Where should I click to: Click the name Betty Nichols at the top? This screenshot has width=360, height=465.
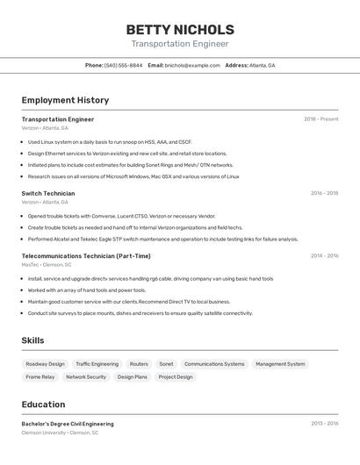180,29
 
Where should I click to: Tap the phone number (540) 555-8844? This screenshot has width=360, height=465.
124,65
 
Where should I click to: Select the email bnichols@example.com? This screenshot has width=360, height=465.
192,65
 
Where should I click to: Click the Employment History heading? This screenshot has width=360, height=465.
65,100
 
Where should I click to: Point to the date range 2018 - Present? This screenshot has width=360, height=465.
320,118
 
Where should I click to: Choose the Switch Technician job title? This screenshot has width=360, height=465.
48,193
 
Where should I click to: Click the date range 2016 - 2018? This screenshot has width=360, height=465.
324,193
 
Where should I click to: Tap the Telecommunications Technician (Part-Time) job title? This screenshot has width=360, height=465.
86,256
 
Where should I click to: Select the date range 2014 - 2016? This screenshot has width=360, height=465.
324,256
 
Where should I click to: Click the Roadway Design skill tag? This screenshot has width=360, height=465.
45,363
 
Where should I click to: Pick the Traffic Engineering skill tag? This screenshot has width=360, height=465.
97,363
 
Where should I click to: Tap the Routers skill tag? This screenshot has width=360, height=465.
139,363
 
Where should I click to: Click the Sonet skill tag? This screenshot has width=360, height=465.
166,363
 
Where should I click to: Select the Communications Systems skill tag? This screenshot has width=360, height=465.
214,363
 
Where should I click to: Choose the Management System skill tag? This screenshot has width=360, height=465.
280,363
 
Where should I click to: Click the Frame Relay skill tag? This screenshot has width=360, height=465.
40,376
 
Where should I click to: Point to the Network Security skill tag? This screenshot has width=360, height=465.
86,376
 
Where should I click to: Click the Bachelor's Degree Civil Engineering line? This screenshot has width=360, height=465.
68,424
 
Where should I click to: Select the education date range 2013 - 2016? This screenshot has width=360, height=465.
324,424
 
